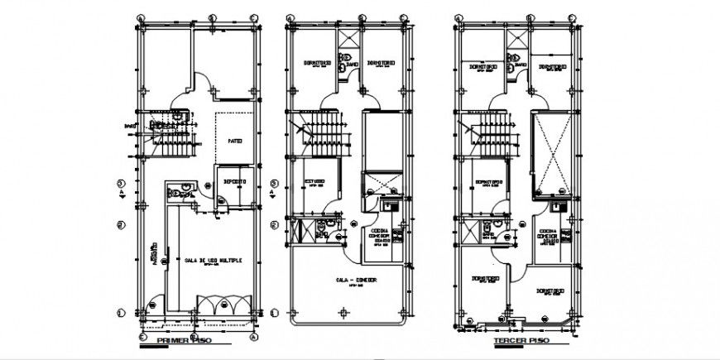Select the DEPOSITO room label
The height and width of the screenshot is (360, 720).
tap(233, 180)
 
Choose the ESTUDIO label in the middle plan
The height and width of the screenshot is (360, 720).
tap(314, 180)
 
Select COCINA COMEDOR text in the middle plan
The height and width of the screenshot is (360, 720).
tap(379, 235)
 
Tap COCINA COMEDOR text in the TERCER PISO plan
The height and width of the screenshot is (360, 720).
tap(548, 234)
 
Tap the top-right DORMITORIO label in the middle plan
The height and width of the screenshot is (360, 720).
tap(381, 61)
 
